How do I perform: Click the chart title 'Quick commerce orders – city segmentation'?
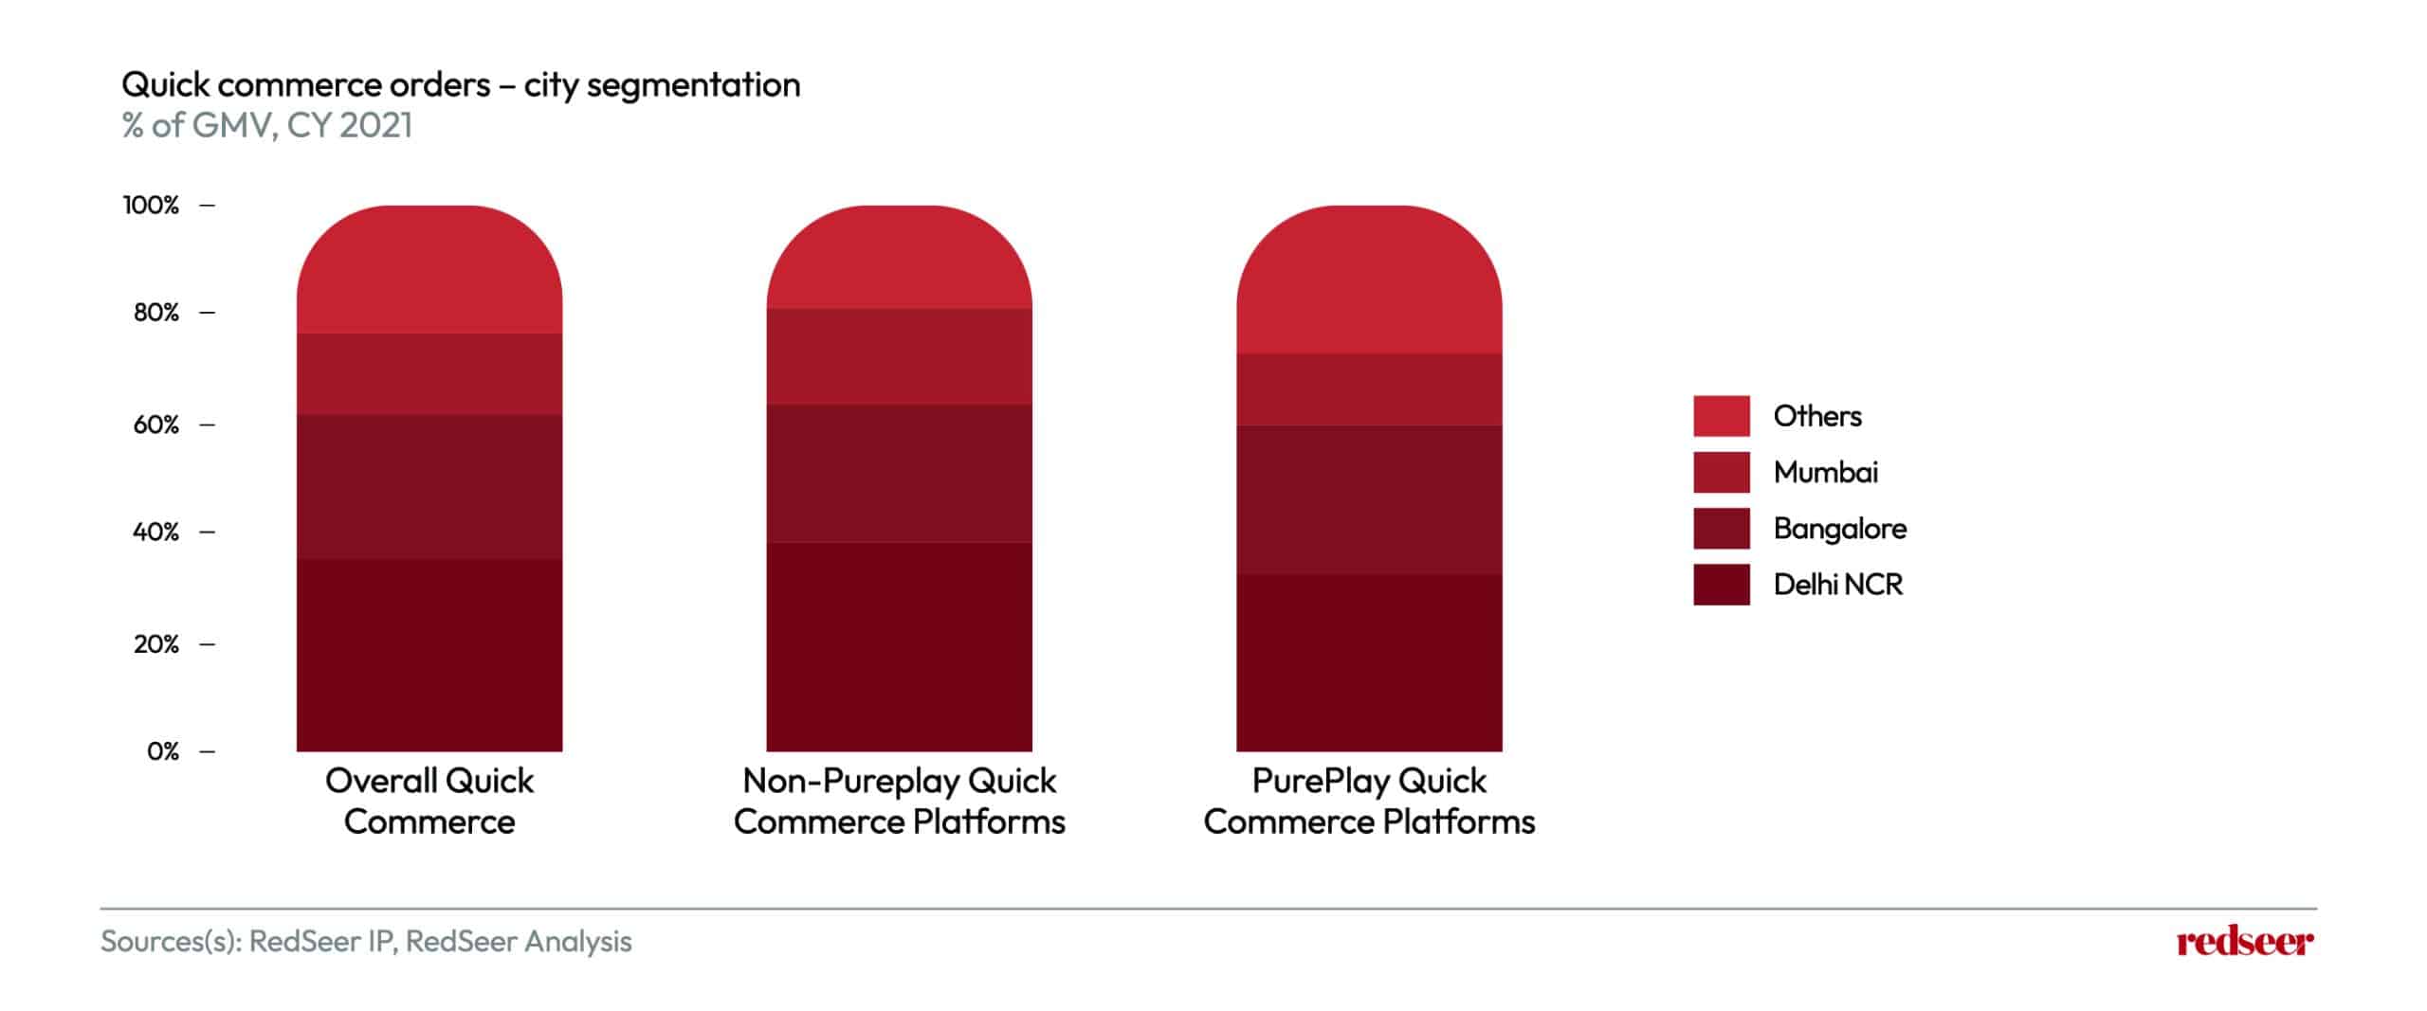click(461, 85)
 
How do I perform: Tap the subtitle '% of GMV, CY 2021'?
click(267, 125)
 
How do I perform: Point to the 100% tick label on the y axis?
click(151, 205)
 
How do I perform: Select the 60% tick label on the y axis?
click(155, 424)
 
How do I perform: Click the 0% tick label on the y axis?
click(163, 751)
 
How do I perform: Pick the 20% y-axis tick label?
click(155, 644)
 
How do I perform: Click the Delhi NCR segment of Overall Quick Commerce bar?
click(429, 655)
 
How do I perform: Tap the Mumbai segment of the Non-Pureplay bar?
click(899, 356)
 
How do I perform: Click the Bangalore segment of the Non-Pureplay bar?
click(899, 474)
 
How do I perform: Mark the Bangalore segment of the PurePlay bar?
click(1369, 499)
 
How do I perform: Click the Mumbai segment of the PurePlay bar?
click(1369, 389)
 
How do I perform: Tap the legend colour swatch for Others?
click(1722, 416)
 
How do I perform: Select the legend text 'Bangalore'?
click(1840, 529)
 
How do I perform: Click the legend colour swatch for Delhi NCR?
click(1722, 585)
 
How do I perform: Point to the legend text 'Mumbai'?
click(1826, 472)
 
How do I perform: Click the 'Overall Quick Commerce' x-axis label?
click(429, 801)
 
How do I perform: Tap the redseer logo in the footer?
click(2245, 942)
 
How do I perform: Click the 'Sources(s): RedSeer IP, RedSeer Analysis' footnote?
click(366, 942)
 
